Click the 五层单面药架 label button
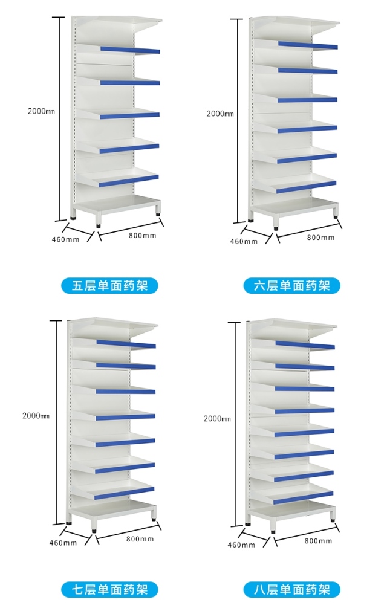(109, 285)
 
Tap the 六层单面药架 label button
(291, 285)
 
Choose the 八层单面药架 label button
(291, 589)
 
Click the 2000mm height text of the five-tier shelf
(41, 111)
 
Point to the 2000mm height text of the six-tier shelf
(220, 114)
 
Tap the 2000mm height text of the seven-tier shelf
(36, 416)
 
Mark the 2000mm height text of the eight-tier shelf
(217, 419)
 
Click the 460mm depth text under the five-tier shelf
(65, 239)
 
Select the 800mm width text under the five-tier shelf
(142, 235)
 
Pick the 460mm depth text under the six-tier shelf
(244, 241)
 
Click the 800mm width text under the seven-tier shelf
(140, 539)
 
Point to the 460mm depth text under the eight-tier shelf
(241, 545)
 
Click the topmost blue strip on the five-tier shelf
(130, 50)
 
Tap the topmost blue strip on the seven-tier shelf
(126, 344)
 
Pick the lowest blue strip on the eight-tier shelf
(304, 497)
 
